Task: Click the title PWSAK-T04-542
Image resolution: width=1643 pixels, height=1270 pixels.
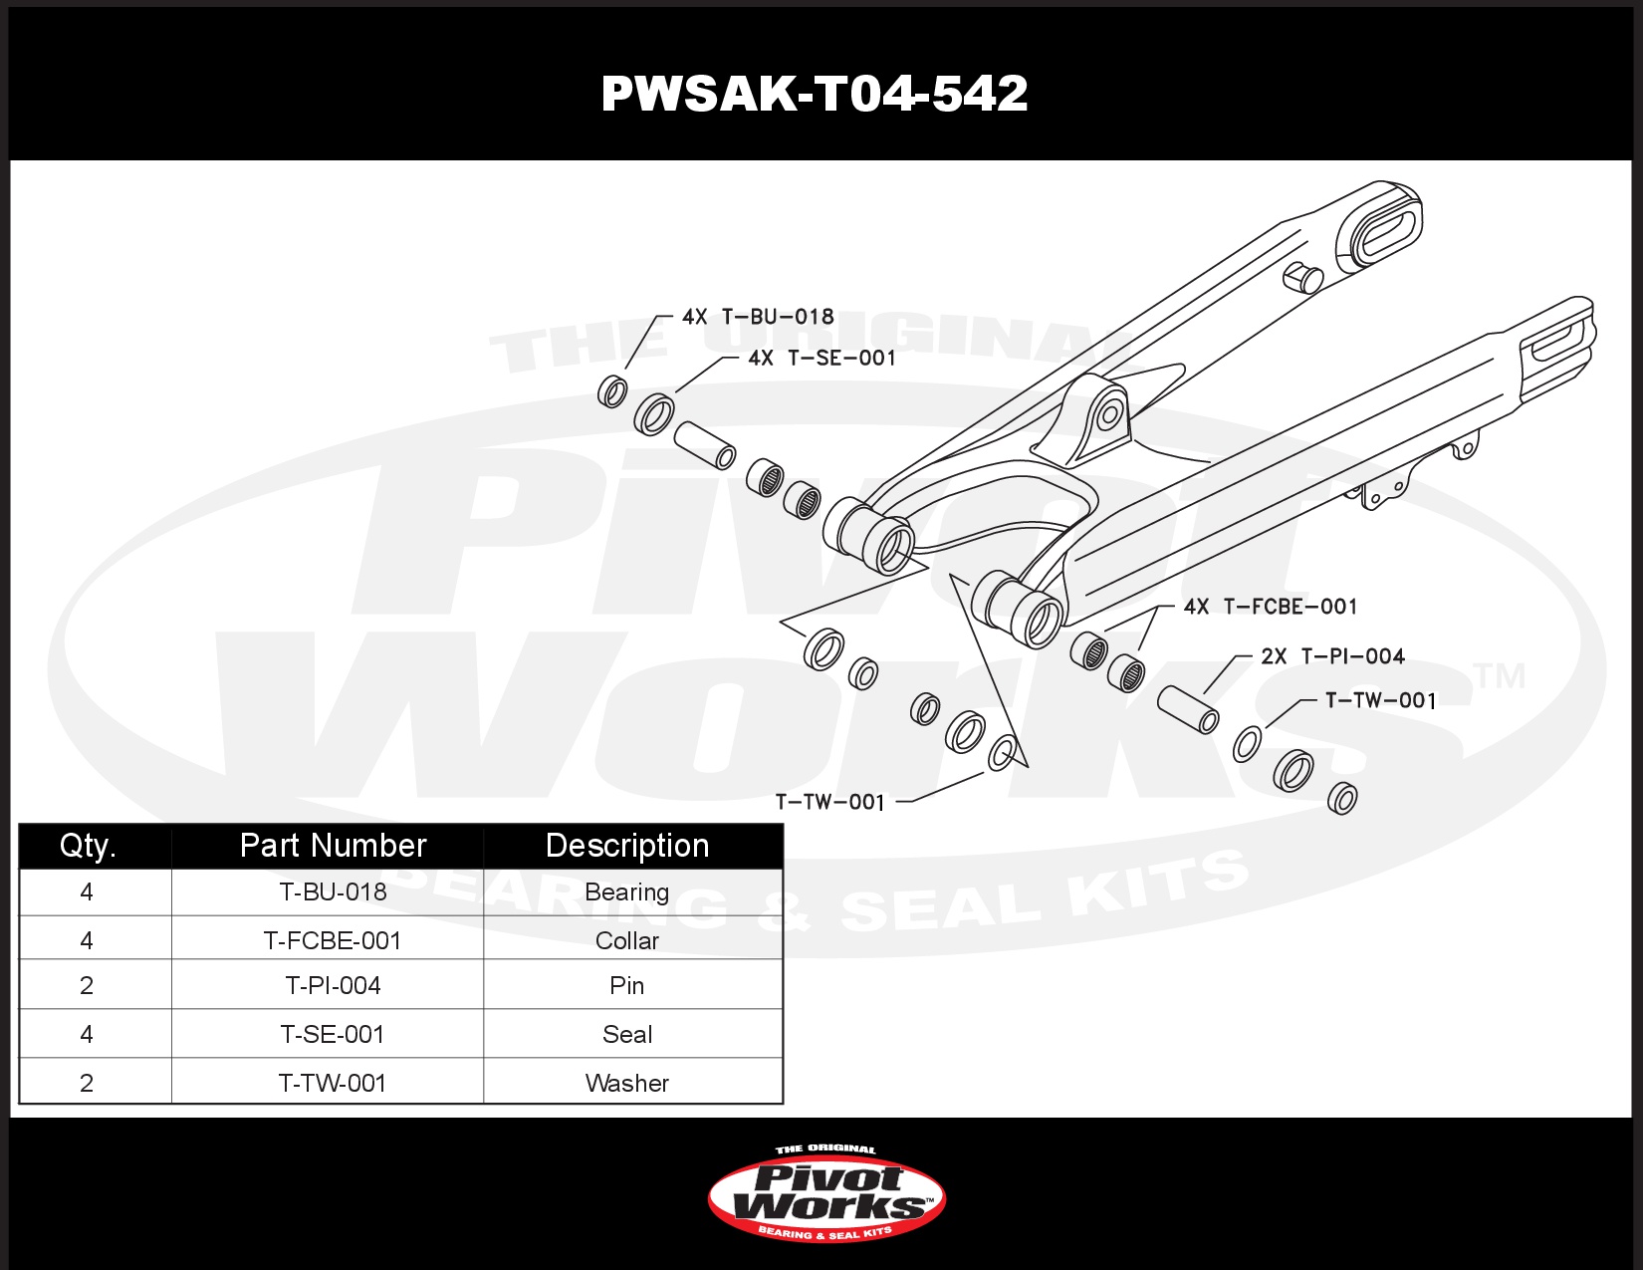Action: tap(815, 94)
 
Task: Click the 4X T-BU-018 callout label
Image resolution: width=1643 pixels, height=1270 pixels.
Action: tap(758, 316)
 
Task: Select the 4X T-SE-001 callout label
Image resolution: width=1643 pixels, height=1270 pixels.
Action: tap(821, 358)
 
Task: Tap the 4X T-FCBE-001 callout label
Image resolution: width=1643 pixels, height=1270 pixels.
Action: tap(1271, 606)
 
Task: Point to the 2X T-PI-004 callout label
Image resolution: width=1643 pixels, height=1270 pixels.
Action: tap(1333, 655)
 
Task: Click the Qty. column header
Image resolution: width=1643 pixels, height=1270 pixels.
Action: tap(88, 846)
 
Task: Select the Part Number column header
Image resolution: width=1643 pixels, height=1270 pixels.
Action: tap(333, 846)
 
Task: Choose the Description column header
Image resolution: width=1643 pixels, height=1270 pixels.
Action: tap(626, 846)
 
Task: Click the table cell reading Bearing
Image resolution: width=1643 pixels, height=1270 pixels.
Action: tap(626, 892)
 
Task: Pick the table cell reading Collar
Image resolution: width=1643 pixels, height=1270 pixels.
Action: tap(626, 940)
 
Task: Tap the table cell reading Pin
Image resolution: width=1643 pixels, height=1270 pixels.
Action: tap(626, 985)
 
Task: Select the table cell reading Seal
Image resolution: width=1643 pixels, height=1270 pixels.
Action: tap(626, 1034)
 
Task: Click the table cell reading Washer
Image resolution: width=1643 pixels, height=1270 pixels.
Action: tap(626, 1083)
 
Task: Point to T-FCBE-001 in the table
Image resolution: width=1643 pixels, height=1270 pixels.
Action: tap(332, 940)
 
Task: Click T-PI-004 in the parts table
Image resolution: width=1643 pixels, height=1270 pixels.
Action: tap(333, 985)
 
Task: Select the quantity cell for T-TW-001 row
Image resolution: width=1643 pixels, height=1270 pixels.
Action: tap(87, 1083)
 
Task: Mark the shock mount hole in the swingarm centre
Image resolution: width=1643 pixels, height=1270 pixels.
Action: tap(1109, 414)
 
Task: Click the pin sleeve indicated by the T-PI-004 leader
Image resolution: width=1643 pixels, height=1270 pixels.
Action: tap(1188, 710)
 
